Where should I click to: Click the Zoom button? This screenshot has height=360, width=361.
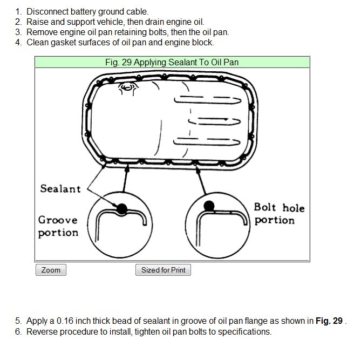[51, 270]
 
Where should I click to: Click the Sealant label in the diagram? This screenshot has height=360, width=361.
[60, 189]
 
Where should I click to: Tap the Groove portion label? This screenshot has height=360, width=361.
[58, 226]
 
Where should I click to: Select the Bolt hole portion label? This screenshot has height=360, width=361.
[279, 214]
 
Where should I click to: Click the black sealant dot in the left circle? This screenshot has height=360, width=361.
[122, 208]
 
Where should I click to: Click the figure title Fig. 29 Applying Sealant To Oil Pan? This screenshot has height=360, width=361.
[172, 62]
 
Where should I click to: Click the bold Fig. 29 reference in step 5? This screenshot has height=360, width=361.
[329, 321]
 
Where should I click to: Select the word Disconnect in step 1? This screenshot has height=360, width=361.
[46, 11]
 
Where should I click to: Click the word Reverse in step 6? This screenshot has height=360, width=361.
[42, 331]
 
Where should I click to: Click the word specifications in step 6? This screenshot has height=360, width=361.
[246, 331]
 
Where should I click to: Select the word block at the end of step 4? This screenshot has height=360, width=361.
[204, 42]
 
